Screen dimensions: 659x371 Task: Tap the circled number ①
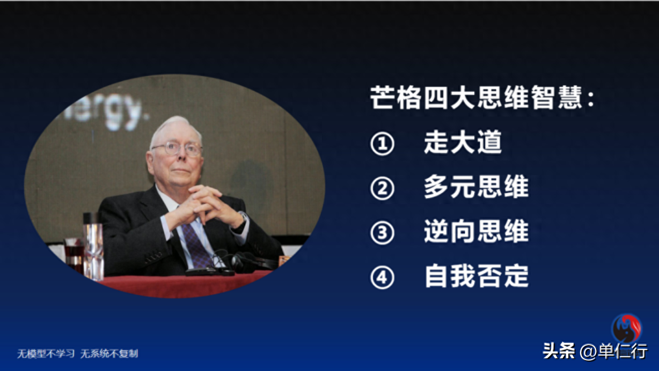click(382, 144)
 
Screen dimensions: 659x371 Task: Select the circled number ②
click(382, 188)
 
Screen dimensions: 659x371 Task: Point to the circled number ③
click(382, 233)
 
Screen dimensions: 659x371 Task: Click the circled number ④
click(382, 277)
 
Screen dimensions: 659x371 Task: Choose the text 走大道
click(463, 142)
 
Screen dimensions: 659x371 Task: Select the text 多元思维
click(476, 187)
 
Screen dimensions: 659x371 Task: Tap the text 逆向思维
click(476, 231)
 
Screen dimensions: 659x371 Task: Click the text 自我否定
click(476, 276)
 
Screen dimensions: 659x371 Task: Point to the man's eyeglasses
click(178, 148)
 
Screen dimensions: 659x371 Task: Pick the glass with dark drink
click(74, 255)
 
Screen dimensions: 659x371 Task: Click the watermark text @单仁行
click(614, 351)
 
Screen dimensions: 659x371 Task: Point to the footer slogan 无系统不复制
click(109, 353)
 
